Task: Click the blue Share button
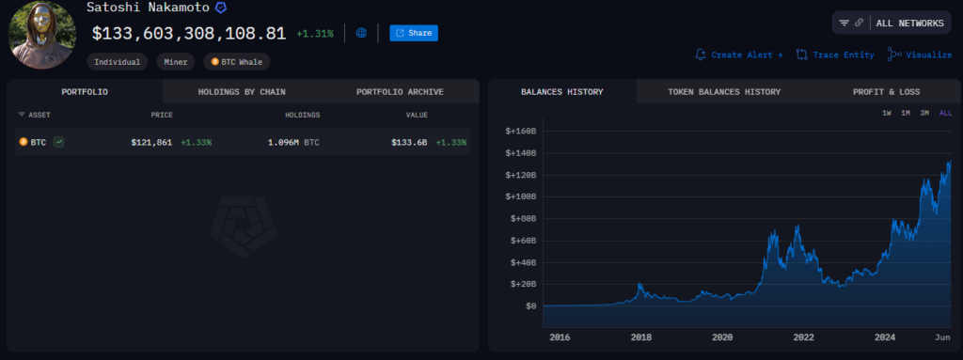click(x=414, y=33)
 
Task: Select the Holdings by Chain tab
click(x=242, y=92)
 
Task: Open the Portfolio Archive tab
click(x=400, y=92)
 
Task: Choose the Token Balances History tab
click(x=724, y=92)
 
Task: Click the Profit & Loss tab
click(x=886, y=92)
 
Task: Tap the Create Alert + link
click(x=739, y=55)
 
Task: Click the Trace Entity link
click(x=835, y=55)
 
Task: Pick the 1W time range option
click(x=886, y=113)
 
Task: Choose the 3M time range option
click(x=924, y=113)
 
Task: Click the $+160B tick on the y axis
click(x=520, y=131)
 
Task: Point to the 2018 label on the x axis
click(x=641, y=337)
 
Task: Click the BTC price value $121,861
click(x=150, y=142)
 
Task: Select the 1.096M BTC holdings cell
click(x=293, y=142)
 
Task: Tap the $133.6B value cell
click(x=409, y=142)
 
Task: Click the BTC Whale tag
click(x=238, y=62)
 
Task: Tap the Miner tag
click(x=176, y=62)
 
